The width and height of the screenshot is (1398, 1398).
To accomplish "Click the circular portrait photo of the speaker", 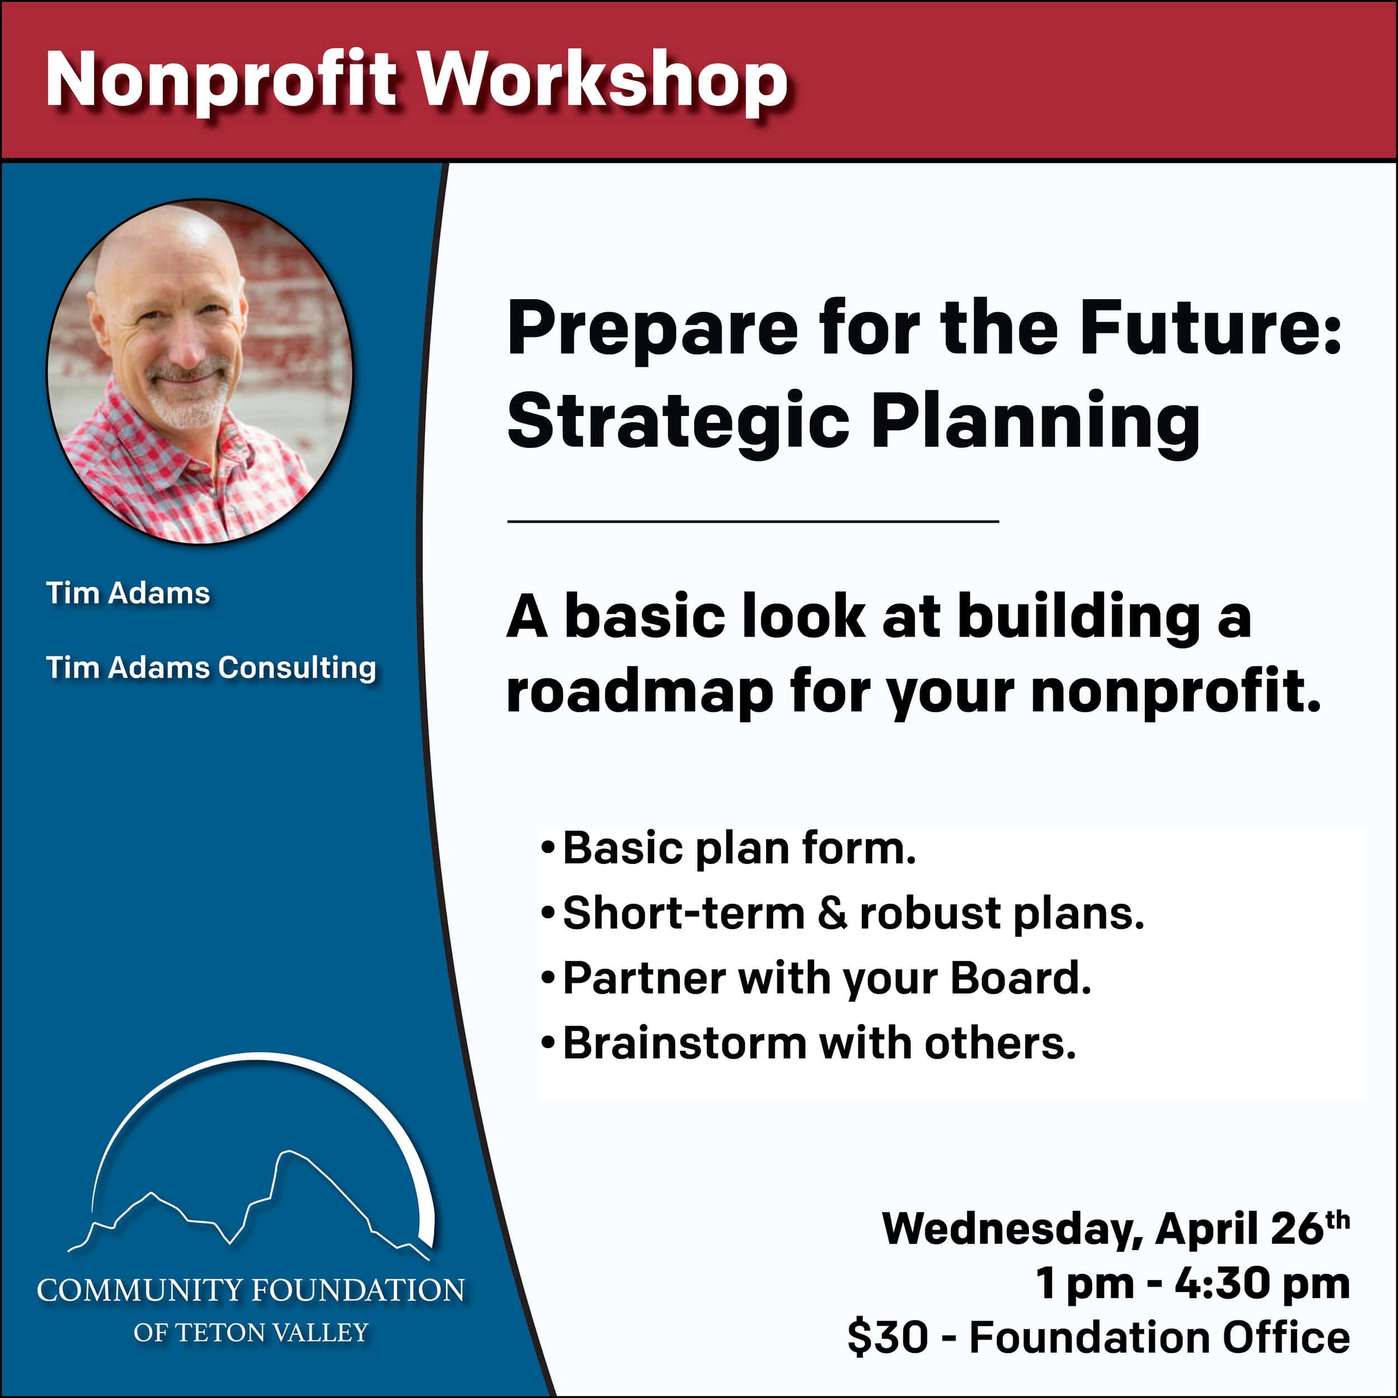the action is click(199, 372).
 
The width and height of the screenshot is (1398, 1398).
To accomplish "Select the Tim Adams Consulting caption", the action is click(211, 668).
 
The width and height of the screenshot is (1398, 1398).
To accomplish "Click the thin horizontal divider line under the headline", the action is click(753, 521).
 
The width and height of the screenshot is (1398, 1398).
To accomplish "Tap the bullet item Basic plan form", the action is click(739, 848).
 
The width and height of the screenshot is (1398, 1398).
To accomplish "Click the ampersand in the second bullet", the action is click(832, 914).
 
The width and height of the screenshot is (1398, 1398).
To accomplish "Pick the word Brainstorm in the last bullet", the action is click(684, 1043).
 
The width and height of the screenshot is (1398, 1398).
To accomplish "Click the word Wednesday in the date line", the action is click(1012, 1229).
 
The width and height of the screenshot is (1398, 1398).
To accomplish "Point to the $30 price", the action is click(888, 1337).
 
